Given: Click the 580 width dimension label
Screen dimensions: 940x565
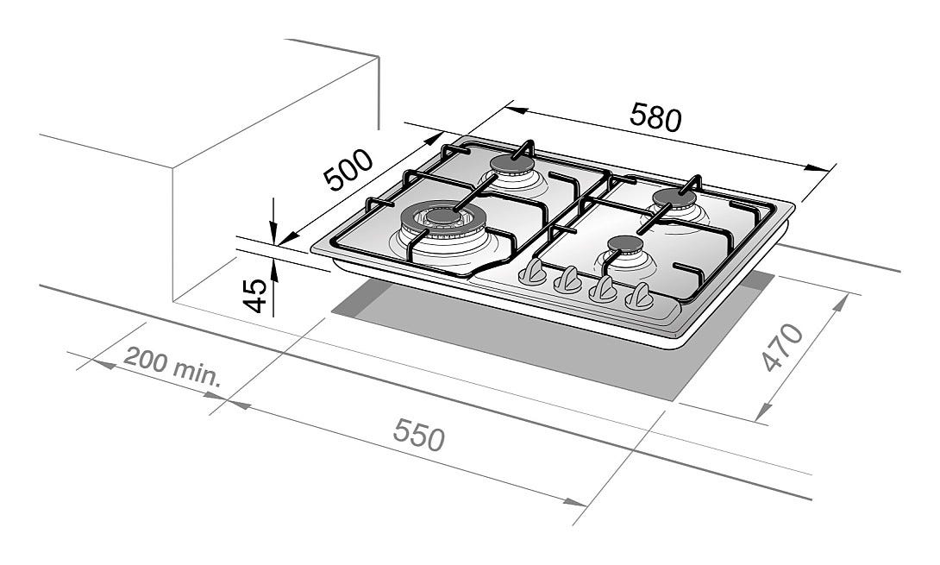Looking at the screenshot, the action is click(x=655, y=117).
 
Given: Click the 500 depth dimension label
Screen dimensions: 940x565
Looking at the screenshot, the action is click(x=348, y=170).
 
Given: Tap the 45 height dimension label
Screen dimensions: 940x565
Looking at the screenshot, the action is click(x=256, y=295).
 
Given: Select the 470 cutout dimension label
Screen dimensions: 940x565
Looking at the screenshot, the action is click(x=781, y=348).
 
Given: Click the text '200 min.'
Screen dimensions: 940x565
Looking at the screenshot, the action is click(x=172, y=366).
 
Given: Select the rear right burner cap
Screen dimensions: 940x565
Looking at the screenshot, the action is click(x=674, y=198).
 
